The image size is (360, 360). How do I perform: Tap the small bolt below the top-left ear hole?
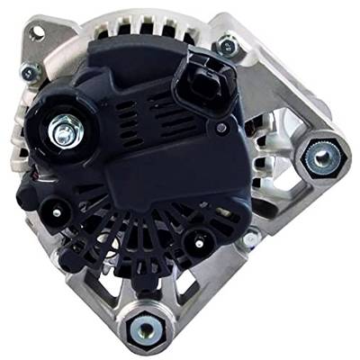tap(29, 71)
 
